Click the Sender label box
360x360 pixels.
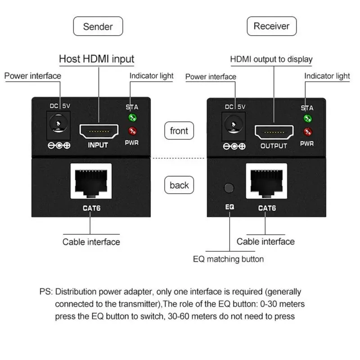98,26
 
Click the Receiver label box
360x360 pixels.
271,26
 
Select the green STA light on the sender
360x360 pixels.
133,118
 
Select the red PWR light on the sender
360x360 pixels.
133,131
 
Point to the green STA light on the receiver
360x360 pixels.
308,119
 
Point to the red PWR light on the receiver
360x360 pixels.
308,132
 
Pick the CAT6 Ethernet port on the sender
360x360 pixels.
90,182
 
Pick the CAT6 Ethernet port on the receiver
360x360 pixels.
265,183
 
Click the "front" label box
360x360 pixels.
179,131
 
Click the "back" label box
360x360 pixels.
179,185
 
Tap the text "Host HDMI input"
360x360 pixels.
97,59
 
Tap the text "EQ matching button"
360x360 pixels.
228,259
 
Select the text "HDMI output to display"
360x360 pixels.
271,59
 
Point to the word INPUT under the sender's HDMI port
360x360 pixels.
98,145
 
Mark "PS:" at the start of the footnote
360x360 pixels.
46,292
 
